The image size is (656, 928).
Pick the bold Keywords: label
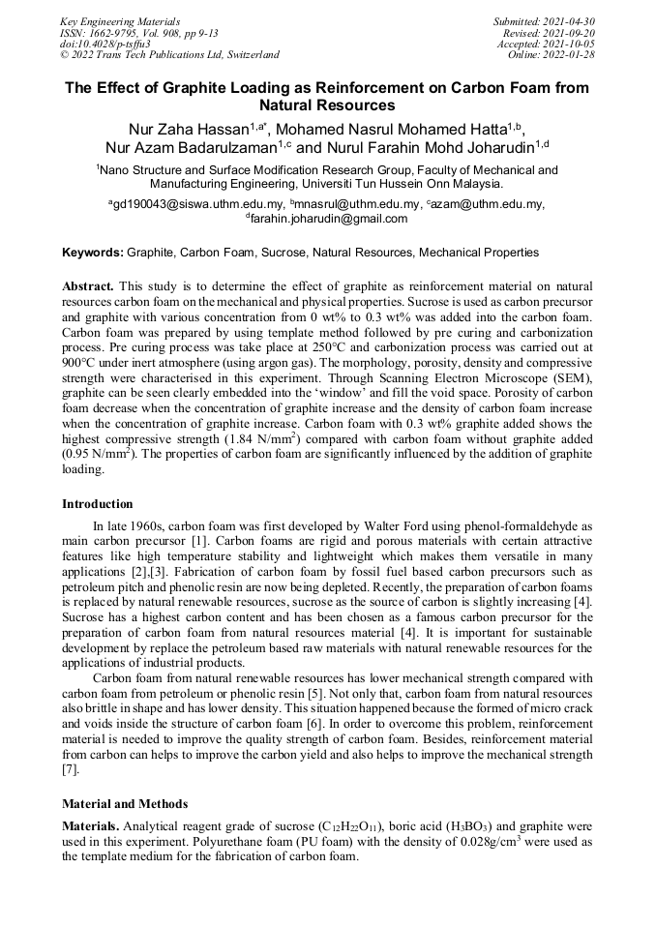point(93,253)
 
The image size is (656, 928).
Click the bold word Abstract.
point(88,287)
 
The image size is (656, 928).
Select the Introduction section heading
point(98,504)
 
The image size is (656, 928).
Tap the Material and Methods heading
point(125,804)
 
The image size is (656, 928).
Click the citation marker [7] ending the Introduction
point(68,769)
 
